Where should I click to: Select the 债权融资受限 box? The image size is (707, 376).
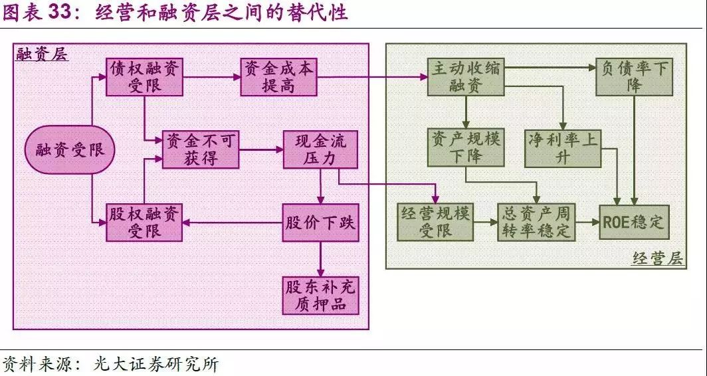144,77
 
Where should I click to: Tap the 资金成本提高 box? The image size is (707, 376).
278,77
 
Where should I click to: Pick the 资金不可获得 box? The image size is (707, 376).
201,149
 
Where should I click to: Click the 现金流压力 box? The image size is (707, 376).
320,149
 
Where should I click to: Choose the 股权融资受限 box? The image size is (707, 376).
144,222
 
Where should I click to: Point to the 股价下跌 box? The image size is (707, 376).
320,222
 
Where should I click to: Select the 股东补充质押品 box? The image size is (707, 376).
320,296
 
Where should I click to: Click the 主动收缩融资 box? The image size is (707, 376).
466,77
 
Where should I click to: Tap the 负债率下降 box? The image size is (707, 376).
634,77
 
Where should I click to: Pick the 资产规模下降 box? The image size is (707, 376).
466,147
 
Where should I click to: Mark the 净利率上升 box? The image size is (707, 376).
562,147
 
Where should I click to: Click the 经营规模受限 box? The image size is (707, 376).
435,222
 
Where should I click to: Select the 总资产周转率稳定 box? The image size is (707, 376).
537,222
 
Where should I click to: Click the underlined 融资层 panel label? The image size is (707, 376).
42,54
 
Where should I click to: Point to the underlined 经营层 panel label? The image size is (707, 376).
658,258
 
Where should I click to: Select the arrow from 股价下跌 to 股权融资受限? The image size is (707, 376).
233,222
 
